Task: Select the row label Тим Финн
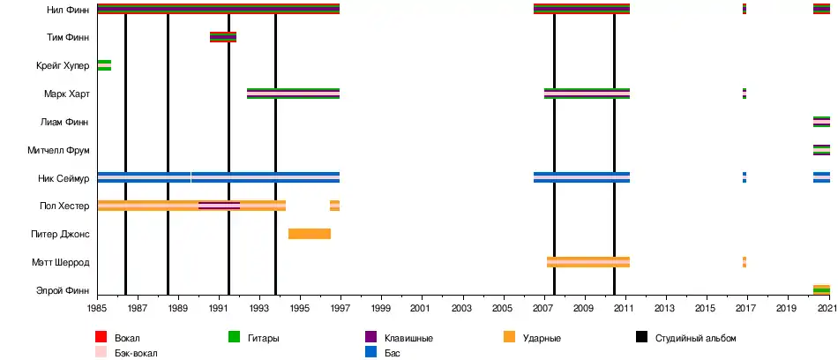(66, 38)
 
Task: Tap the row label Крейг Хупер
(62, 66)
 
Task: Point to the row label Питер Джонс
(62, 235)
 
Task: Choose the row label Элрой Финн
(63, 290)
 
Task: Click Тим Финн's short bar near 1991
(222, 37)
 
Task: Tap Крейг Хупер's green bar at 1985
(104, 65)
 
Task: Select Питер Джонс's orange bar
(309, 234)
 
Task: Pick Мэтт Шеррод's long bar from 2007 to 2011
(587, 262)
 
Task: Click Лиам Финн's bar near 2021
(821, 122)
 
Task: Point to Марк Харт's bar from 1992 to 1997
(293, 94)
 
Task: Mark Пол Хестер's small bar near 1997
(334, 206)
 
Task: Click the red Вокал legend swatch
(101, 338)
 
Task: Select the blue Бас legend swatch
(370, 353)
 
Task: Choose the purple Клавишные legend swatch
(370, 338)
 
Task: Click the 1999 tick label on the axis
(381, 309)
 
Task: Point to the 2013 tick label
(663, 309)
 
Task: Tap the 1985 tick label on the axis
(98, 309)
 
